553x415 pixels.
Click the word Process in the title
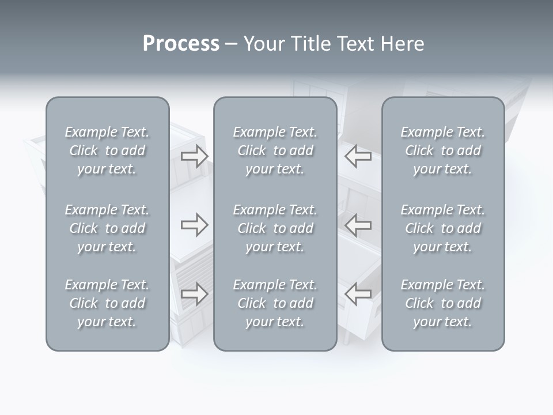[181, 44]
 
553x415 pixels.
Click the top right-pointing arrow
[194, 156]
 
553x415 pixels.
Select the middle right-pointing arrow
[194, 225]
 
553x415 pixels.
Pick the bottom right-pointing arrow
[194, 294]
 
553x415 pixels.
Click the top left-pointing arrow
[358, 156]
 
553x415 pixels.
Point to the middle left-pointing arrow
[358, 225]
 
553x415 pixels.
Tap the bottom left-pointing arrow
[358, 294]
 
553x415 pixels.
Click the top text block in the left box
[107, 150]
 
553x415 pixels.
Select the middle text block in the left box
[107, 228]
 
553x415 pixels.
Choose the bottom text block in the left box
[107, 303]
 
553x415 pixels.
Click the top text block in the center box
[275, 150]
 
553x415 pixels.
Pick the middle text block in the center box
[275, 228]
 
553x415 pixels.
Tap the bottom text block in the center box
[275, 303]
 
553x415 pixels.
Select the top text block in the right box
[442, 150]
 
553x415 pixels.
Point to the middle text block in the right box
[442, 228]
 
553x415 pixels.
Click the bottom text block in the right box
[442, 303]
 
